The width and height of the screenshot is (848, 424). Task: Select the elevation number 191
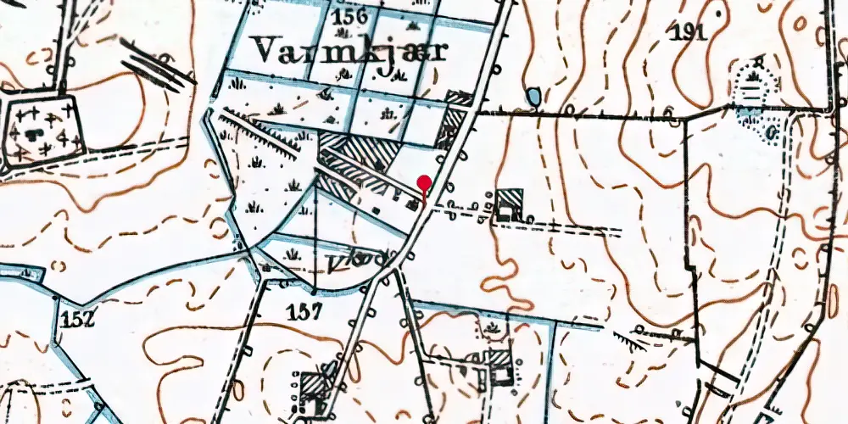coord(688,33)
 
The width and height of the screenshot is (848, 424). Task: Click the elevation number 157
coord(304,311)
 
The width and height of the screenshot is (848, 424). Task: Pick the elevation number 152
coord(75,319)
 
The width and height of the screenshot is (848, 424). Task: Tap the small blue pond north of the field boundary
coord(533,98)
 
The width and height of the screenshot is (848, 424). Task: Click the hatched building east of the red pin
coord(510,204)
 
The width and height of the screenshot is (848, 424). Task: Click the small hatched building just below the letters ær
coord(459,100)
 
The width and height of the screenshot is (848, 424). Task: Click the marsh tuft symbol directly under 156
coord(343,34)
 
